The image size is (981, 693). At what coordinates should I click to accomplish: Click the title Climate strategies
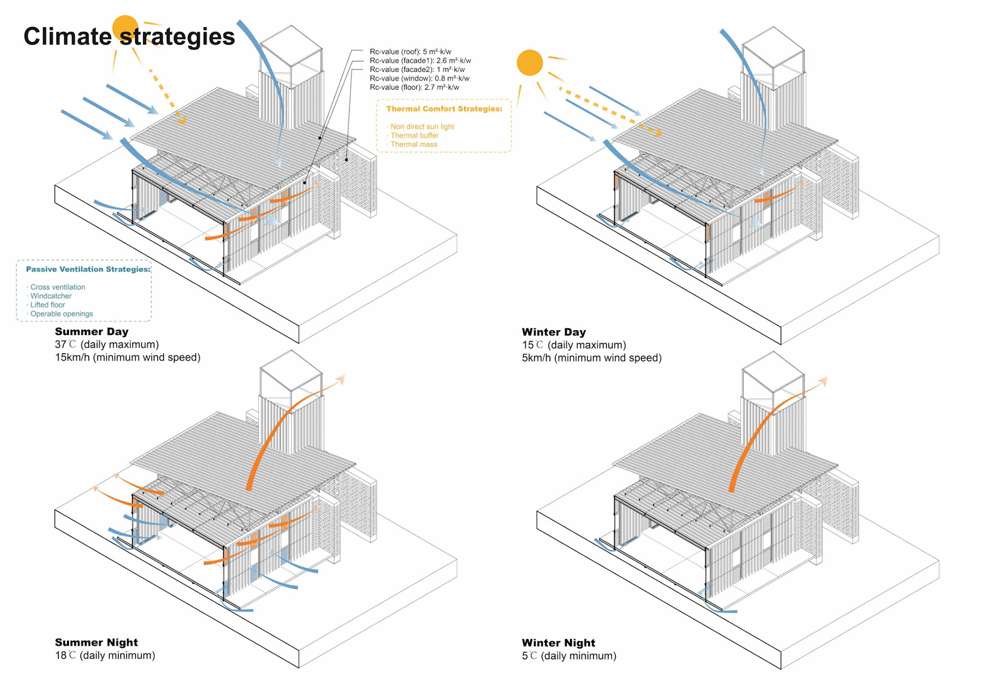pos(129,37)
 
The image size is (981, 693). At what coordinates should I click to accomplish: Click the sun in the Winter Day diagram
pos(529,63)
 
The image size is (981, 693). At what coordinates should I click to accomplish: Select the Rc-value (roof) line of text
pos(410,52)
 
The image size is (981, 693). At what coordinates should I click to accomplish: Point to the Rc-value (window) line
pos(419,79)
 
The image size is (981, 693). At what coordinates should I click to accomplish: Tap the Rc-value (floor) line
pos(414,87)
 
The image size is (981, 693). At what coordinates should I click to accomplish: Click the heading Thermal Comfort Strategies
pos(444,109)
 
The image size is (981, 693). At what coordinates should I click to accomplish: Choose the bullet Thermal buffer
pos(414,135)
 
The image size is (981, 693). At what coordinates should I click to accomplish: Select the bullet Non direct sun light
pos(422,127)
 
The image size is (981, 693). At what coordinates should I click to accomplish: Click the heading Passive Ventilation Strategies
pos(88,269)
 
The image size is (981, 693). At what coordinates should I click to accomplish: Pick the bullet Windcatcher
pos(51,296)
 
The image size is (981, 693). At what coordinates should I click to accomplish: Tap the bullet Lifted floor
pos(48,305)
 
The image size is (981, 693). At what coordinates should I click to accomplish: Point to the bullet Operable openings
pos(61,314)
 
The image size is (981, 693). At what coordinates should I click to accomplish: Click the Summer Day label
pos(91,332)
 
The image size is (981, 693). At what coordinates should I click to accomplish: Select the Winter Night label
pos(558,643)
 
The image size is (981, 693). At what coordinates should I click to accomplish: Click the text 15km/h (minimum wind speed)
pos(128,357)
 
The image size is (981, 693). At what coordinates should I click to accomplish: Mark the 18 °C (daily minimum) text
pos(105,655)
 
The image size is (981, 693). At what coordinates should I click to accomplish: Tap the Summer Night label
pos(96,642)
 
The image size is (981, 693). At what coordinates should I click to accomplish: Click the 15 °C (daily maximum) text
pos(574,345)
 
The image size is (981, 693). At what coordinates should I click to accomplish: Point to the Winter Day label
pos(553,332)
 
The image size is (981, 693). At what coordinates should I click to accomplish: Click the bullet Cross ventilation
pos(57,287)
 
